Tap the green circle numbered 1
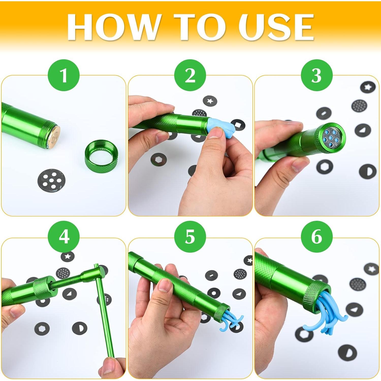64,75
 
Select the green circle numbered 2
190,75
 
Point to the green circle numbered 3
316,75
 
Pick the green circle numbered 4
64,237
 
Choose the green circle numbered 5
190,237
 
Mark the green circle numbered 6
316,237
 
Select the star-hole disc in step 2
210,101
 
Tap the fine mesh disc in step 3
360,106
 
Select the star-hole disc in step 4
68,257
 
